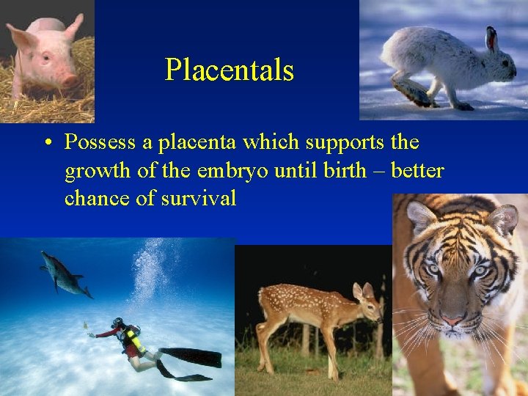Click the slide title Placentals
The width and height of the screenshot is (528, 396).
pyautogui.click(x=229, y=70)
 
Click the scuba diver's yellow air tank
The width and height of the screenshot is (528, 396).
pyautogui.click(x=133, y=339)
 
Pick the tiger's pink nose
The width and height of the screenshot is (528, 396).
pyautogui.click(x=452, y=320)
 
